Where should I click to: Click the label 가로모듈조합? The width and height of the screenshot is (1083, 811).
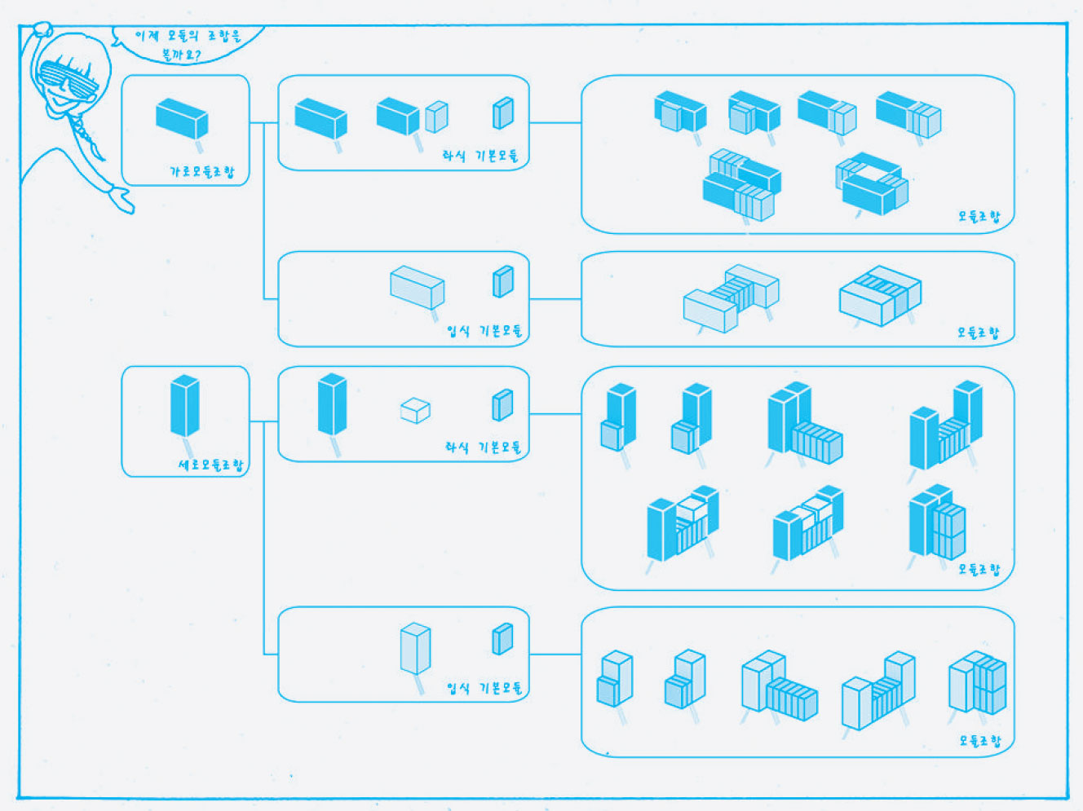(x=201, y=172)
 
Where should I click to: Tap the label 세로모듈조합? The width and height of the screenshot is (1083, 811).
(x=210, y=465)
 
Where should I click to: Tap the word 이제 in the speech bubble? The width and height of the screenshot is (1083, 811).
(x=146, y=36)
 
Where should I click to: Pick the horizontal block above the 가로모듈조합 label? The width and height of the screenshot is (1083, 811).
(x=182, y=118)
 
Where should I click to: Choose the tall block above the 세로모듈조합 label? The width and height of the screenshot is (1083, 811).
(x=185, y=405)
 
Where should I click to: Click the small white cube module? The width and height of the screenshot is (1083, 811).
(x=415, y=410)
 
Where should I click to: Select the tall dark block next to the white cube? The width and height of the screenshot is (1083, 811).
(x=332, y=403)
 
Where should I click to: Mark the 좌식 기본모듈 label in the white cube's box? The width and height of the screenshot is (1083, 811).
(x=482, y=447)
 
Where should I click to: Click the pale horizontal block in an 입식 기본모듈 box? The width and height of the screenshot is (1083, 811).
(x=417, y=287)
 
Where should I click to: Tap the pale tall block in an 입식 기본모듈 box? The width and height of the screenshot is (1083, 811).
(x=415, y=648)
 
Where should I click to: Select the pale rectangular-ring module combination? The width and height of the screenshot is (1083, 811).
(x=881, y=294)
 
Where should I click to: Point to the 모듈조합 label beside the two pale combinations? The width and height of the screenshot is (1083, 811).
(x=979, y=333)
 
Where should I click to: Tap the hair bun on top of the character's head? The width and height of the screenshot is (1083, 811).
(x=41, y=31)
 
